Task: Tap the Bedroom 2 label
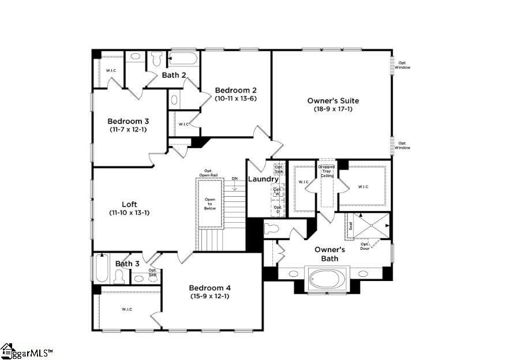[235, 90]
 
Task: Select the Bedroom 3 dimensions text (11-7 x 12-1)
[128, 130]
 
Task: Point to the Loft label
[129, 204]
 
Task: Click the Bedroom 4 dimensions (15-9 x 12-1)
[209, 296]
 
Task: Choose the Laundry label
[263, 179]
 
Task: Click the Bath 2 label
[173, 75]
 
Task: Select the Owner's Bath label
[329, 254]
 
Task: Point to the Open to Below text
[210, 204]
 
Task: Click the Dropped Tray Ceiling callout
[327, 171]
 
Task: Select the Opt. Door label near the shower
[365, 246]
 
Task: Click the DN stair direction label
[234, 179]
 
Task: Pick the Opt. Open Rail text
[208, 172]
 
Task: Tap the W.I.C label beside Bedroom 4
[127, 309]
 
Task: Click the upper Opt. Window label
[402, 65]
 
